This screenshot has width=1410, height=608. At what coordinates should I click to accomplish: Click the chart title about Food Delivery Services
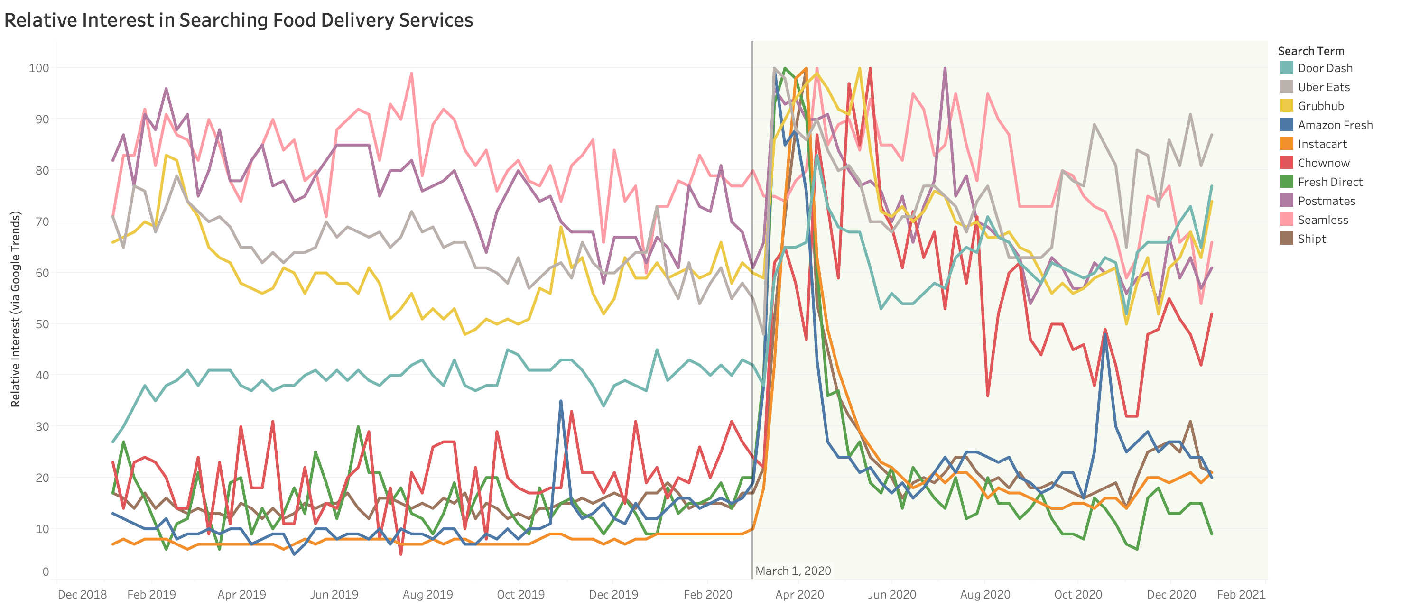238,20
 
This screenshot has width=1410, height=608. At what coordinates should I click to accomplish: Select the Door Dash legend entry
1325,68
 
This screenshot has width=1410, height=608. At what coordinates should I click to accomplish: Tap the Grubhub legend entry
1320,106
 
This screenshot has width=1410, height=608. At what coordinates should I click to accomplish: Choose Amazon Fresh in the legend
1335,125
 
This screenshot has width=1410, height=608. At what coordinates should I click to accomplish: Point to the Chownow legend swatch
1286,163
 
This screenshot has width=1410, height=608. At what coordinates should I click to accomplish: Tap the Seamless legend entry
1322,220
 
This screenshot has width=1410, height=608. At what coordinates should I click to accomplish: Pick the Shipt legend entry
1311,239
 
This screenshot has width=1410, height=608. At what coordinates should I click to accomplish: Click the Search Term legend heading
1310,51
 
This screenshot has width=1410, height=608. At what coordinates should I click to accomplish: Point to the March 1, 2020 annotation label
793,571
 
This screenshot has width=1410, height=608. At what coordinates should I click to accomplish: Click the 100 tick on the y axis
39,68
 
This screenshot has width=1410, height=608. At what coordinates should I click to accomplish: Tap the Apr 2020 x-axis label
799,594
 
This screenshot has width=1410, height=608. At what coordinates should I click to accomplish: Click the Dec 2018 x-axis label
82,594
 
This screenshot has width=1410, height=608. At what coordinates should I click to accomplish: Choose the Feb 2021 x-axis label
1241,594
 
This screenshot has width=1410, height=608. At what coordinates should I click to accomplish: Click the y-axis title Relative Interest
15,309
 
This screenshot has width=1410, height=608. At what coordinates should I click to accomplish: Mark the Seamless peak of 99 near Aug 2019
412,74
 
